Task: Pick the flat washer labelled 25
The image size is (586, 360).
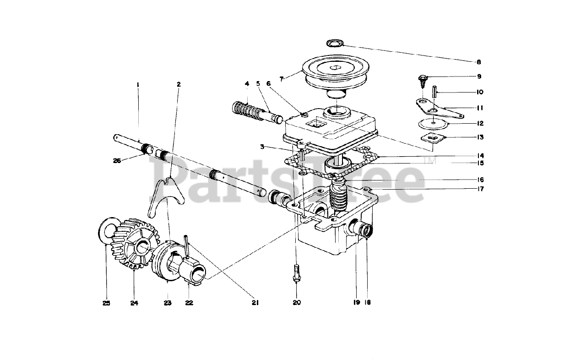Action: [106, 229]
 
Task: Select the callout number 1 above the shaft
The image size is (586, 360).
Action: [137, 84]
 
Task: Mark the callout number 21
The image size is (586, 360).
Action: [255, 302]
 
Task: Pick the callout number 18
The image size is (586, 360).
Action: [368, 302]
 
